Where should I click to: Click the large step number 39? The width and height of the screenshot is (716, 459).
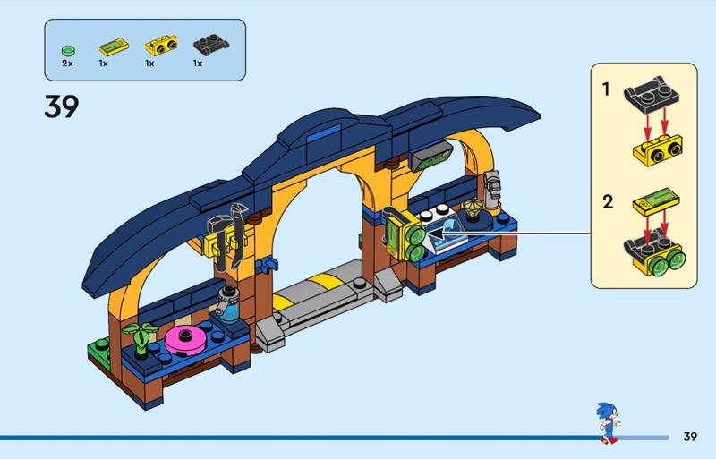coord(62,106)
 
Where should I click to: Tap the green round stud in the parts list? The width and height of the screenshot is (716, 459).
coord(68,50)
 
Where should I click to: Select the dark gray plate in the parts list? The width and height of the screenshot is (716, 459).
coord(211,46)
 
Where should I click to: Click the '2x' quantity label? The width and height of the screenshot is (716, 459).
coord(68,64)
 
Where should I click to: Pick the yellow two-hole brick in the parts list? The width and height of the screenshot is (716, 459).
coord(161,46)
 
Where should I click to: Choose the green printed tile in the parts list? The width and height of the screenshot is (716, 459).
coord(115,47)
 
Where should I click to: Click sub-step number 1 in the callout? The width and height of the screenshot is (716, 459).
coord(606,89)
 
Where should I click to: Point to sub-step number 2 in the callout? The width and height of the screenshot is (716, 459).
coord(608,201)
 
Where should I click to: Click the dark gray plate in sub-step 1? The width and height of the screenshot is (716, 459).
coord(652,94)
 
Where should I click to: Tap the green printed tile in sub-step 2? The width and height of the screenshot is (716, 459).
coord(656,202)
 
